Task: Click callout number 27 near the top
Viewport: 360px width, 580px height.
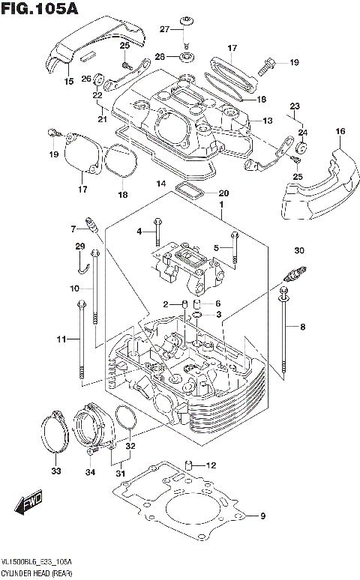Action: click(165, 28)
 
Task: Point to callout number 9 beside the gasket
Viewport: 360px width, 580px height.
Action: click(262, 516)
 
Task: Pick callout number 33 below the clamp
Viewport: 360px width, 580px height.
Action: click(55, 471)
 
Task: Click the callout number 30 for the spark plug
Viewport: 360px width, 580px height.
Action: click(298, 250)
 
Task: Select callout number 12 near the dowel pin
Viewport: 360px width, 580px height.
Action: click(211, 465)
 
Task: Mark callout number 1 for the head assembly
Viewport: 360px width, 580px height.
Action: click(221, 205)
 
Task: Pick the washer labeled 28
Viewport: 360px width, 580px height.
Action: click(184, 56)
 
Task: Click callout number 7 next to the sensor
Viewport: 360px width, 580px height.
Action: click(75, 229)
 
